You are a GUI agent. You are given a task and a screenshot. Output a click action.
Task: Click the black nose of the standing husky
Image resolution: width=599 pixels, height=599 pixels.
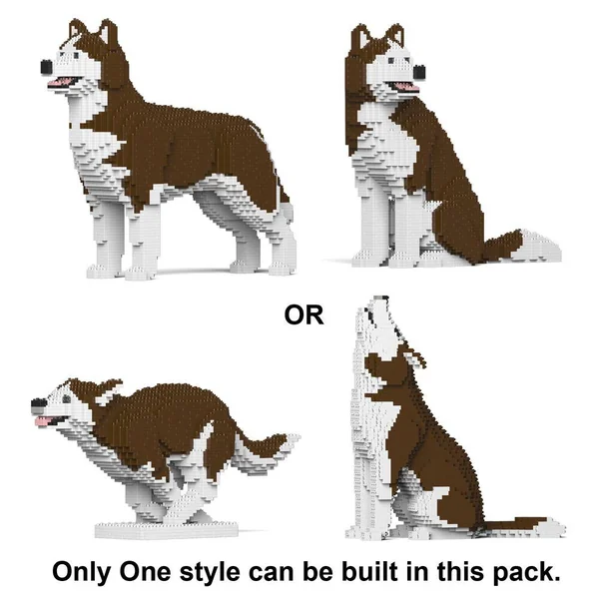click(x=47, y=67)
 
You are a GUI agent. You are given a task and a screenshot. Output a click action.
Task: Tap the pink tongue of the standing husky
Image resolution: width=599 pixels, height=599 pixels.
click(x=60, y=82)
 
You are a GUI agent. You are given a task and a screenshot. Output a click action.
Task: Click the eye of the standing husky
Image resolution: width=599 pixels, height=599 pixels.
click(x=75, y=56)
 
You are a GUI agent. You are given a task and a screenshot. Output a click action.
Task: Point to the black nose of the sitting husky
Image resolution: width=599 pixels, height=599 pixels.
click(x=419, y=72)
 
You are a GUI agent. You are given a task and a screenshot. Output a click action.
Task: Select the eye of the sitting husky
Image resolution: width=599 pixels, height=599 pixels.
click(x=390, y=61)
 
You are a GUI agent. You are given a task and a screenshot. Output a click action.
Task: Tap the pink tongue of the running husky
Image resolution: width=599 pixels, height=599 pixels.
click(x=44, y=421)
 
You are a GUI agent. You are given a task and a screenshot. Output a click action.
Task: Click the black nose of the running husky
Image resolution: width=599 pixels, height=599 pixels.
click(x=38, y=403)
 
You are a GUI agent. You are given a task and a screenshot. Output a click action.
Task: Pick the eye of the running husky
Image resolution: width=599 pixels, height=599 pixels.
click(x=67, y=399)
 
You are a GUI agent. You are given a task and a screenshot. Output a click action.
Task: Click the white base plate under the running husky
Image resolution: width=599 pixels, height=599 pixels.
click(x=166, y=530)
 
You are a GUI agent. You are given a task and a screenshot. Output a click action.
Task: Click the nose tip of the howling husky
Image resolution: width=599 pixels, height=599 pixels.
click(x=381, y=298)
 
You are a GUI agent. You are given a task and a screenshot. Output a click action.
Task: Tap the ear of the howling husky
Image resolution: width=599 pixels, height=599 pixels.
click(x=415, y=359)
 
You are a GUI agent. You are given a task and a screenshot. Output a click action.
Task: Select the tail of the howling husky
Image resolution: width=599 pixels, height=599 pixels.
click(x=523, y=526)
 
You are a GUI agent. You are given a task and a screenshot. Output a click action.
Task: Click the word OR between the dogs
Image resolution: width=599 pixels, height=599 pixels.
click(x=303, y=315)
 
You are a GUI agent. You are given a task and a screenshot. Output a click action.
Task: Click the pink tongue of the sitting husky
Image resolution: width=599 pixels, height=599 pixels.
click(x=407, y=88)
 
